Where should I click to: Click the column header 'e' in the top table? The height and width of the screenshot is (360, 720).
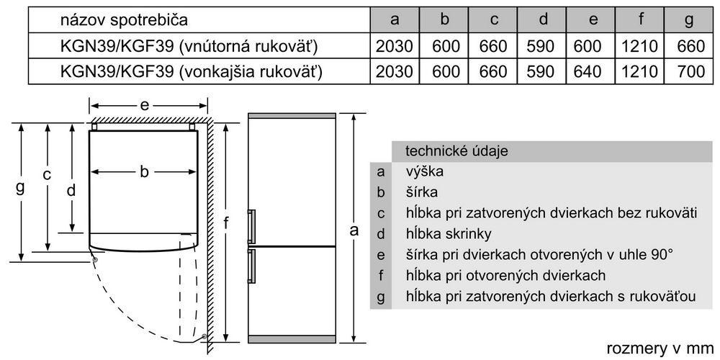(x=593, y=20)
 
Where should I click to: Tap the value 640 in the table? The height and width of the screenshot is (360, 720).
(x=593, y=72)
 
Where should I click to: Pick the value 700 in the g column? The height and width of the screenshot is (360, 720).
(x=689, y=72)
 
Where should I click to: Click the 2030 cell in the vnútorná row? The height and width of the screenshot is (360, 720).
(x=394, y=47)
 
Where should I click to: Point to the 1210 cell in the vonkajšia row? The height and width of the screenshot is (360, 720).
(x=640, y=72)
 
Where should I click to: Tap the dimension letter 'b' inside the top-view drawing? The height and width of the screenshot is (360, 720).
(x=144, y=171)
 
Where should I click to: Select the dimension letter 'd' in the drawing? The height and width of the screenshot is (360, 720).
(x=71, y=190)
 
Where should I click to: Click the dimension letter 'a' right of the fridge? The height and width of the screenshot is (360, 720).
(x=354, y=230)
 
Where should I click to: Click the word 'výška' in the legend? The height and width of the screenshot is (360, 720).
(x=425, y=172)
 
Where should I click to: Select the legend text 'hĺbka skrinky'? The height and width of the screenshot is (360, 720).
(x=449, y=234)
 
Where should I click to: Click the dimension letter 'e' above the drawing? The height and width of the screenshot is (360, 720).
(x=145, y=105)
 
